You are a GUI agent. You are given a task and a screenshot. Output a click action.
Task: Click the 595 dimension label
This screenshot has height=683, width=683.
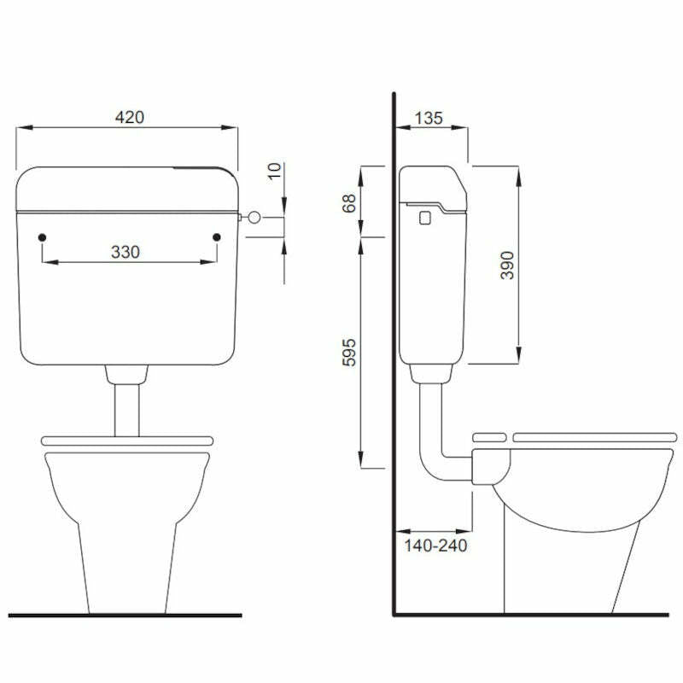tap(348, 352)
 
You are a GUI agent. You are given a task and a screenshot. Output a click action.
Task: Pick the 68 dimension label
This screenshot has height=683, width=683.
tap(348, 203)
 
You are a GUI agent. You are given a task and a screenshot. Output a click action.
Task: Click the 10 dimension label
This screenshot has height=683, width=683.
tap(273, 170)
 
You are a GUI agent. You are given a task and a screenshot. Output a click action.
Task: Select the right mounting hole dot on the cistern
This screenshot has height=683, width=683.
tap(217, 236)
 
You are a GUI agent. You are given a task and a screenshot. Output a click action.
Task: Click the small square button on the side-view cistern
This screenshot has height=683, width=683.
tap(424, 218)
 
